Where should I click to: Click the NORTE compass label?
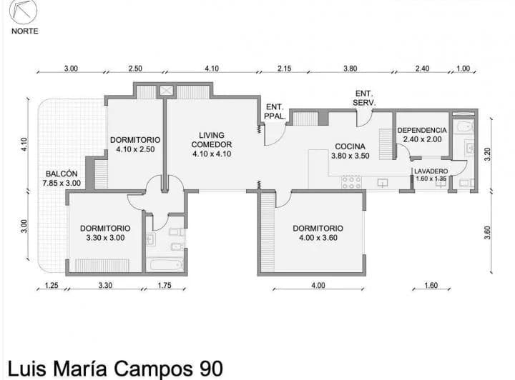(x=25, y=31)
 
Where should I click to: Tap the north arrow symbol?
(x=25, y=12)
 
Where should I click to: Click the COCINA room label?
(x=350, y=151)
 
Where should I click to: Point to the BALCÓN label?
(x=62, y=178)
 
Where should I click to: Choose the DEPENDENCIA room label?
(x=422, y=135)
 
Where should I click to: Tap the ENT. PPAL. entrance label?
(x=275, y=112)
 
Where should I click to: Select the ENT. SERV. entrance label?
(x=364, y=98)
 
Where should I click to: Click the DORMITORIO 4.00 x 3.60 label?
(x=318, y=233)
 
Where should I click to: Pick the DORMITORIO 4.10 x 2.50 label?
(x=134, y=144)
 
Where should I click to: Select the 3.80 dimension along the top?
(x=350, y=69)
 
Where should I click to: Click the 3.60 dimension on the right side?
(x=488, y=233)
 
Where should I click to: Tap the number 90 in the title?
(x=208, y=368)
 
